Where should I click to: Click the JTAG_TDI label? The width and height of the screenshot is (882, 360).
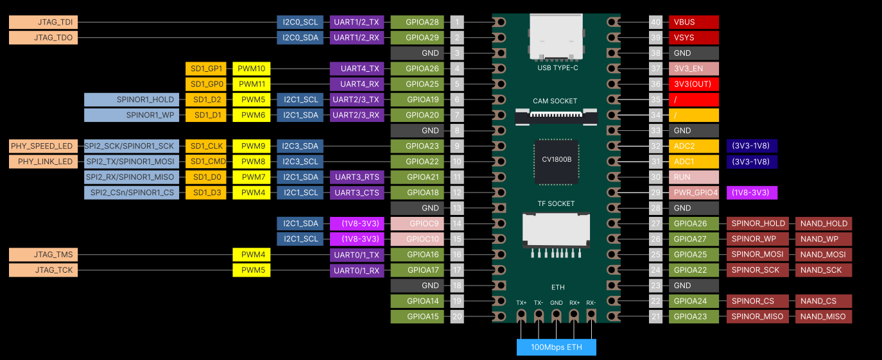coord(43,22)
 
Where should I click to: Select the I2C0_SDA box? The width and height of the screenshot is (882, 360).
coord(300,38)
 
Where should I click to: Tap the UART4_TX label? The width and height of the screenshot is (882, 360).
coord(356,69)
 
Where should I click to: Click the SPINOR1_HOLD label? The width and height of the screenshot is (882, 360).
coord(132,99)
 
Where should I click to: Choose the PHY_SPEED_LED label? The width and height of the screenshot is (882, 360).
coord(43,146)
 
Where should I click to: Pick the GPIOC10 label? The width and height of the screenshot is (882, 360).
coord(417,239)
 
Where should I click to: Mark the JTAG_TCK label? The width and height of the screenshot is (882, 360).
coord(43,270)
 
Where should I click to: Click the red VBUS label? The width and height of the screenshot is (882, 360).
coord(693,22)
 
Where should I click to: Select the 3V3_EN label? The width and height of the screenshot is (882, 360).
coord(693,69)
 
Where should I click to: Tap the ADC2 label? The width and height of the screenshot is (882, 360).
coord(693,146)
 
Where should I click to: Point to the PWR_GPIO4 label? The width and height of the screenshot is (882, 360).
coord(693,193)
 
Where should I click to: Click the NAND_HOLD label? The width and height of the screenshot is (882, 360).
coord(824,223)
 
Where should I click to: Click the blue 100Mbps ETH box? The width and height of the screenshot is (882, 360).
coord(556,347)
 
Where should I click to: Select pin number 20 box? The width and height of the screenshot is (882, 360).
coord(457,316)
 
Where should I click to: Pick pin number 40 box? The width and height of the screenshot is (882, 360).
coord(655,22)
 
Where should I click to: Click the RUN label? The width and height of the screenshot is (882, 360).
coord(693,177)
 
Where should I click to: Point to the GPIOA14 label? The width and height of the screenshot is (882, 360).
coord(417,301)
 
